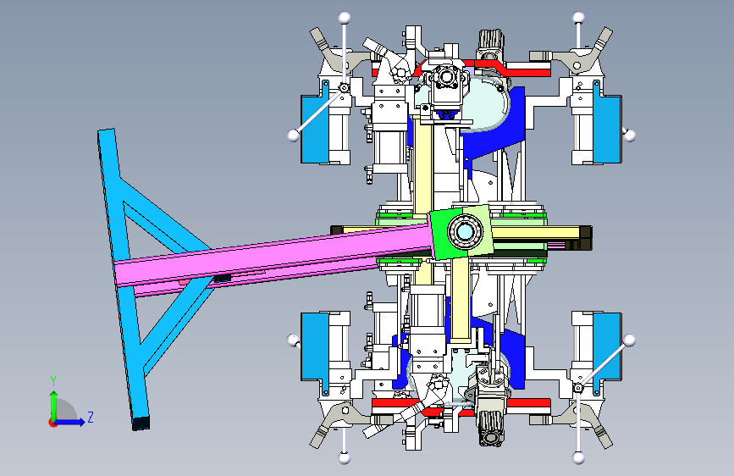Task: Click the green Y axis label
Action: point(53,381)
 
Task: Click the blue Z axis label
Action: point(91,417)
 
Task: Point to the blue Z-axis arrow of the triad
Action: point(69,422)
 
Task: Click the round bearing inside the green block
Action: point(465,232)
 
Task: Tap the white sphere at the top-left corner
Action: point(345,18)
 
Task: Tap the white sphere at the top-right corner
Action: point(578,18)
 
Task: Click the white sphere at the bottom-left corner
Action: point(345,457)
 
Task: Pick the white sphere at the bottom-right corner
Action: point(578,457)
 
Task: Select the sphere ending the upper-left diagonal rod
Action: point(293,135)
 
